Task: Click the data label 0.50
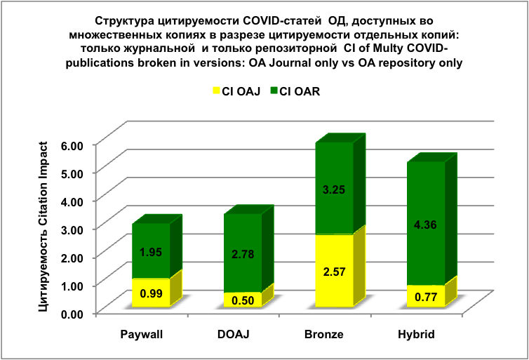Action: coord(242,301)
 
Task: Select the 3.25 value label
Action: coord(334,189)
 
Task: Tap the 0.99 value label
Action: coord(151,293)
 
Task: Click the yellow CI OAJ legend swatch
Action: coord(215,91)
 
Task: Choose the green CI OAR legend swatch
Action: coord(273,91)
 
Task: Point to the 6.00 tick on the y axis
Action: coord(74,144)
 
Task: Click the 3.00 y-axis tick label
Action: coord(74,229)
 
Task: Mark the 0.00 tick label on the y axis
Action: coord(74,313)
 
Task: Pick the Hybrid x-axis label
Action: coord(416,335)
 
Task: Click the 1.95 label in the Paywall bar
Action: coord(151,252)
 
